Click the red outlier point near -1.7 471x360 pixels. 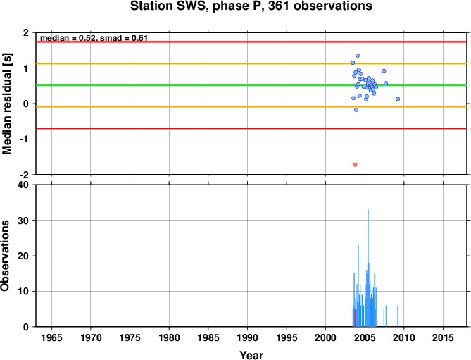(x=355, y=165)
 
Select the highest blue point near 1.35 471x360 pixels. (x=358, y=56)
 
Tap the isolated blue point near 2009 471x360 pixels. (x=398, y=99)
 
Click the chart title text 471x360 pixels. (x=251, y=6)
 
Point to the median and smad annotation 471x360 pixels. (x=94, y=38)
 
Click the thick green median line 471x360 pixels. (x=251, y=85)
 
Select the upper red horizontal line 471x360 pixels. (x=251, y=42)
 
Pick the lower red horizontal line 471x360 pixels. (x=251, y=128)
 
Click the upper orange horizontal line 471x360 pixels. (x=251, y=63)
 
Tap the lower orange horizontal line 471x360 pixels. (x=251, y=106)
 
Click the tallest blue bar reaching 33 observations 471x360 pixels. (x=368, y=268)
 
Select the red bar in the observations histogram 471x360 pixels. (x=355, y=318)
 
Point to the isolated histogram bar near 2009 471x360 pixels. (x=398, y=316)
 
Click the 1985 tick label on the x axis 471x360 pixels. (x=208, y=337)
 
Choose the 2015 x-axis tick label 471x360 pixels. (x=443, y=337)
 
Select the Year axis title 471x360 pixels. (x=251, y=355)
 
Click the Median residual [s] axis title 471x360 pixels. (x=7, y=104)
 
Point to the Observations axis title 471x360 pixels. (x=5, y=256)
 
